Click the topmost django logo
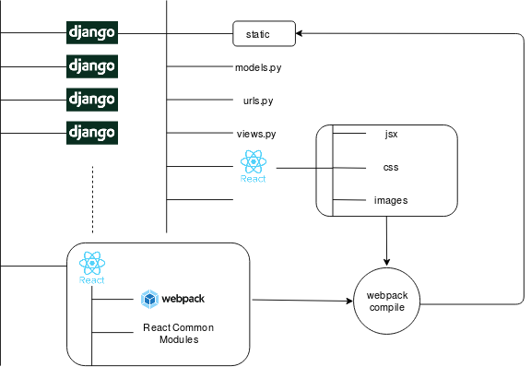pos(92,32)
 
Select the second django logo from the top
pos(92,66)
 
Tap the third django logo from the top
pos(92,100)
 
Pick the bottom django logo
pos(92,133)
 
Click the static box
pos(265,33)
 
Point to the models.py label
pos(258,67)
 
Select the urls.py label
pos(258,101)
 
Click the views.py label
pos(256,135)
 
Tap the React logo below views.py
pos(254,166)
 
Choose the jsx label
pos(391,135)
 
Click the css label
pos(391,168)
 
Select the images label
pos(391,201)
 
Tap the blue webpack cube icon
pos(149,300)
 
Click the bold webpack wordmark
pos(183,299)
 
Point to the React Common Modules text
pos(179,334)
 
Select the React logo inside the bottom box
pos(92,267)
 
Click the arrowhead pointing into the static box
pos(299,33)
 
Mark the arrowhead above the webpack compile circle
pos(387,262)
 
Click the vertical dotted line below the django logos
pos(92,199)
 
